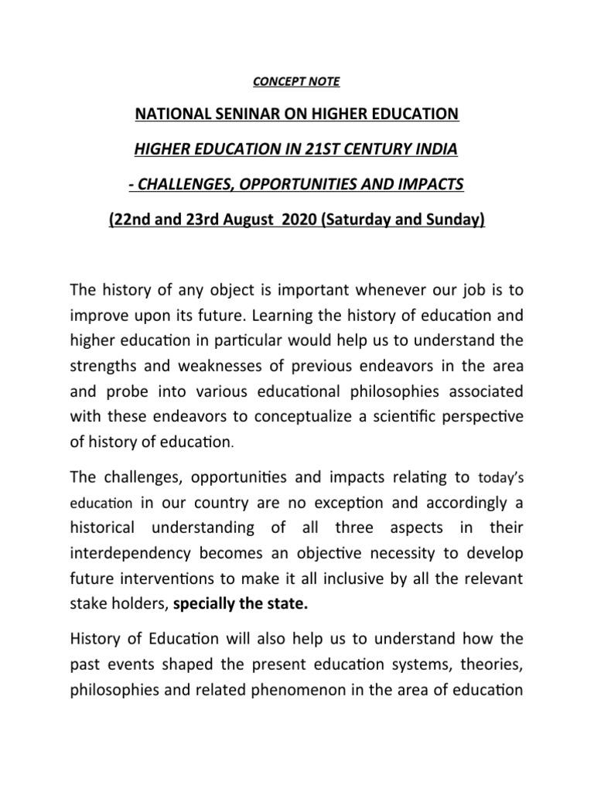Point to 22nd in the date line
point(128,220)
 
